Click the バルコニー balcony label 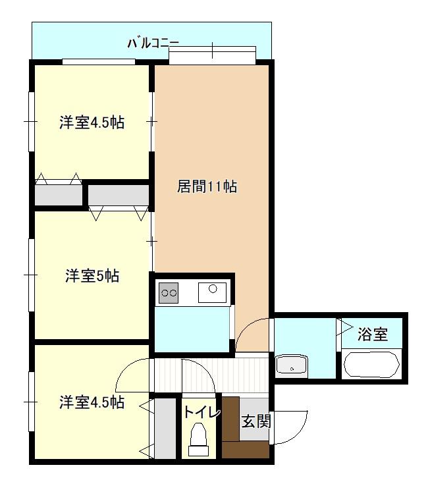point(153,43)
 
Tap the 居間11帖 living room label point(207,187)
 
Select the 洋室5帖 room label point(92,276)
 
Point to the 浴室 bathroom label point(373,334)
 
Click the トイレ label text point(201,412)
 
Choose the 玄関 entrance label point(256,421)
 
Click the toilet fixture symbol point(198,439)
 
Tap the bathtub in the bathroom point(371,364)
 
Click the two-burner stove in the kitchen point(169,292)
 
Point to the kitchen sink point(212,292)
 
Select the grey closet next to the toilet point(165,429)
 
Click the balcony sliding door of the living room point(213,55)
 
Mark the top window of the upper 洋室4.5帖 point(99,62)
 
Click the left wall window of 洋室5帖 point(31,275)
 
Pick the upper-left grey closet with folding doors point(59,195)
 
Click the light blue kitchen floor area point(192,329)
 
